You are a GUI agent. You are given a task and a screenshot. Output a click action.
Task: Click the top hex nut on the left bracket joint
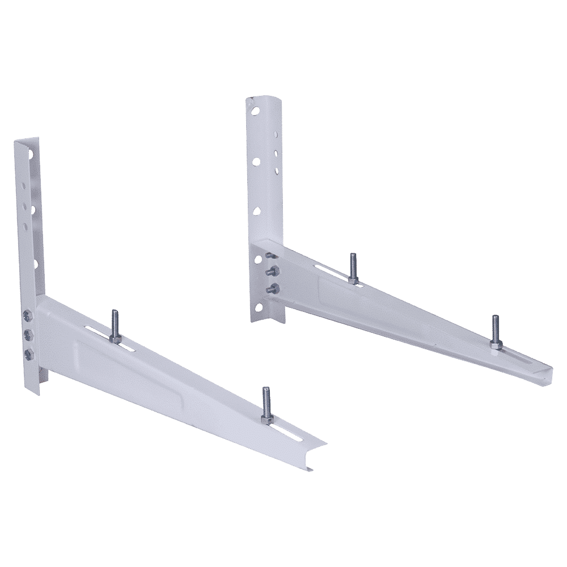[x=28, y=313]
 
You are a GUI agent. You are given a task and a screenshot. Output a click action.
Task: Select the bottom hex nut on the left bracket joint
[x=28, y=354]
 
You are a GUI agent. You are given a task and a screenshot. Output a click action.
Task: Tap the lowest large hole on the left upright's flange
[x=35, y=264]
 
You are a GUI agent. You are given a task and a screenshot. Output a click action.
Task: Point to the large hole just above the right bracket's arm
[x=257, y=211]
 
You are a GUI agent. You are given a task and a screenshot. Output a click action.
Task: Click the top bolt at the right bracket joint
[x=270, y=256]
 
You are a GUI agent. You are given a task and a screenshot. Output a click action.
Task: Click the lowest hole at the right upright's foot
[x=264, y=293]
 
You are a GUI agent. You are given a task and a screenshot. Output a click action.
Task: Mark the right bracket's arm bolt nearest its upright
[x=352, y=268]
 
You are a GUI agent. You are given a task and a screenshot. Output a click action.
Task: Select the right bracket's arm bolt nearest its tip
[x=495, y=331]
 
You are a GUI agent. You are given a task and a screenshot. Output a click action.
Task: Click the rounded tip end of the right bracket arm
[x=545, y=371]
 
